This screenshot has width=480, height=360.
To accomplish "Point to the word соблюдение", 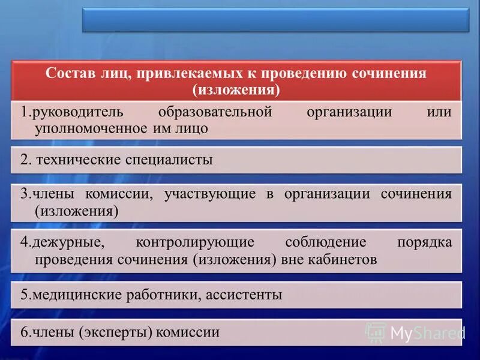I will click(325, 242).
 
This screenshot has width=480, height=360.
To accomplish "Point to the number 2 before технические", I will click(24, 160).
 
